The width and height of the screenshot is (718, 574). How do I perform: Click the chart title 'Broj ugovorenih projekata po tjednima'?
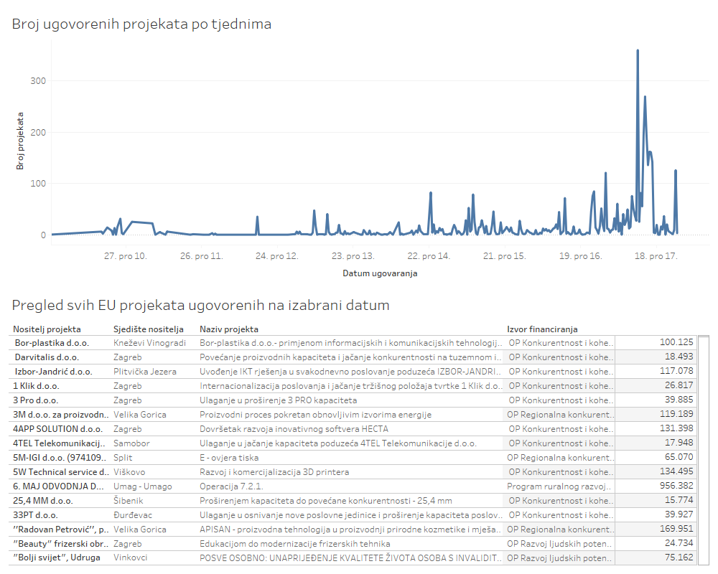click(141, 24)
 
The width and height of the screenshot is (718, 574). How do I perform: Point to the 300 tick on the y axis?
click(38, 81)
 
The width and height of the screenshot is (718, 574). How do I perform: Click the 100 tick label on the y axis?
click(38, 184)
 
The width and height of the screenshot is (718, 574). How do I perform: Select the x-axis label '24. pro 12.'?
click(276, 256)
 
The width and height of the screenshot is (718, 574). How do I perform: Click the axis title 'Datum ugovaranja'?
click(380, 273)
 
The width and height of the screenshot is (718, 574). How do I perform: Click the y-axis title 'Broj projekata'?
click(20, 141)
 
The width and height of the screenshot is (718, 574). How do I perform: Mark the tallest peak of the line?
click(638, 51)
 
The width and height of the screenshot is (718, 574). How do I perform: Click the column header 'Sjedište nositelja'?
click(149, 329)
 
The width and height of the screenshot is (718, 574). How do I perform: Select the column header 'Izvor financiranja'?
click(542, 329)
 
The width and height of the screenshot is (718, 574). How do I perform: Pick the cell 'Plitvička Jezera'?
click(147, 372)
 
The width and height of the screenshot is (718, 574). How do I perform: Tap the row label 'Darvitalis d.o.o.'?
click(47, 357)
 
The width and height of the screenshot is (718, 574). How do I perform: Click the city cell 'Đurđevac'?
click(134, 515)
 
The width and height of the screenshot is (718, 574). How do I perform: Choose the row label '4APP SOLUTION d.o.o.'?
click(57, 429)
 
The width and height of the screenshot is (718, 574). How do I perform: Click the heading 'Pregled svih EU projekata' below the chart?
click(200, 306)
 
